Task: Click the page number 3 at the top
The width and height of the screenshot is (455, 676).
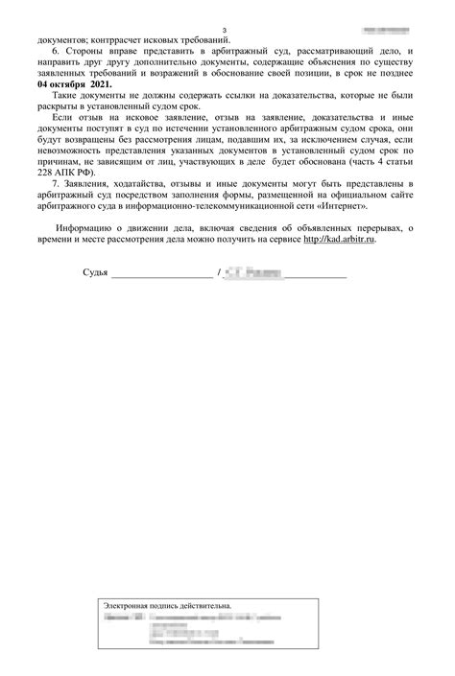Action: click(x=224, y=32)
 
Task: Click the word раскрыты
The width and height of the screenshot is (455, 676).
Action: click(x=63, y=108)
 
